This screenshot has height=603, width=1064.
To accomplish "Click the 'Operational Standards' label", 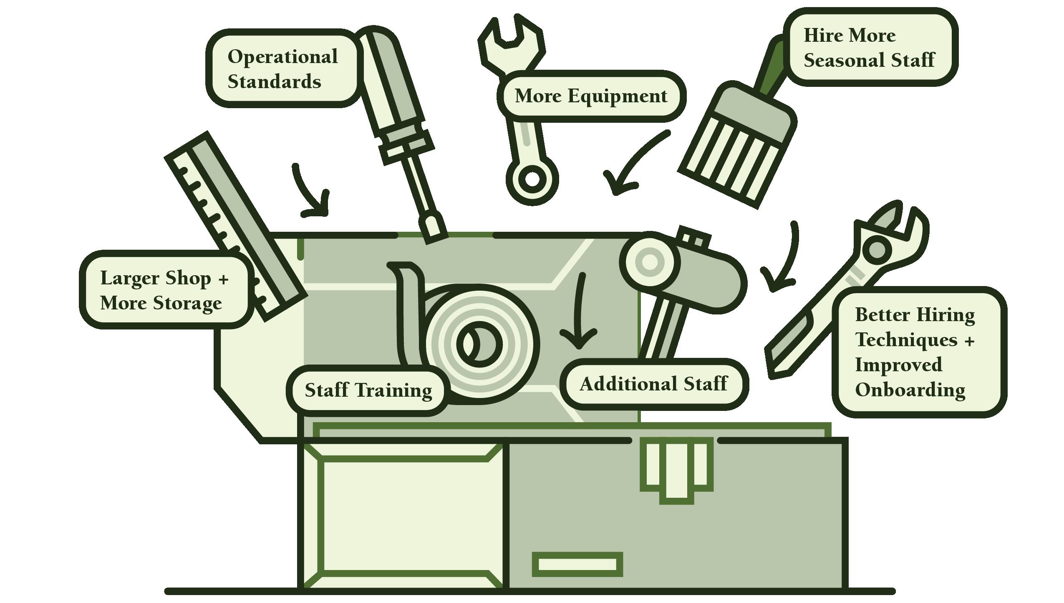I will (x=283, y=68).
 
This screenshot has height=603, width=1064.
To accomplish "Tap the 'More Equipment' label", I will (x=591, y=96).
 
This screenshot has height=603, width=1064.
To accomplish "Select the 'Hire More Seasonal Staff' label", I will (x=870, y=47).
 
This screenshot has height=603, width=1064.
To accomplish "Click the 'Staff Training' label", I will (x=368, y=390).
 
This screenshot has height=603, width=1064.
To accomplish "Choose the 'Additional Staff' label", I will (x=653, y=383).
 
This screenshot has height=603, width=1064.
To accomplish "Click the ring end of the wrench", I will (x=532, y=179).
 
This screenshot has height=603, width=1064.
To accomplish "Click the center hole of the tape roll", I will (x=479, y=344).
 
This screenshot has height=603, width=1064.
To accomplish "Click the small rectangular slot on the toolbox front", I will (x=577, y=565).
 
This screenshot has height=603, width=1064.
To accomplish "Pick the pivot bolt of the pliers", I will (x=876, y=250).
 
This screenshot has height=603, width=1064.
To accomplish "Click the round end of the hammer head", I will (x=649, y=262).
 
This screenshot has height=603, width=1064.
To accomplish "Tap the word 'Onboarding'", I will (x=910, y=390).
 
